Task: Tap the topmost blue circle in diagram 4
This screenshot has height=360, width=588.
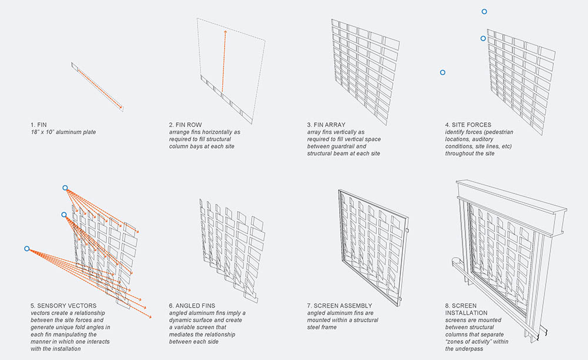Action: tap(484, 12)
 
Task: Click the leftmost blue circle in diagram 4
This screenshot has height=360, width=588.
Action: tap(443, 72)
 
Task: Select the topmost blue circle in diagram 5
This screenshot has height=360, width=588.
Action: tap(65, 188)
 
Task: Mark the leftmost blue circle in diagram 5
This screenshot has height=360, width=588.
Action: tap(26, 249)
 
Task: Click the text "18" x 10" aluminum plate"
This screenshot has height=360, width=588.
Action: tap(63, 132)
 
